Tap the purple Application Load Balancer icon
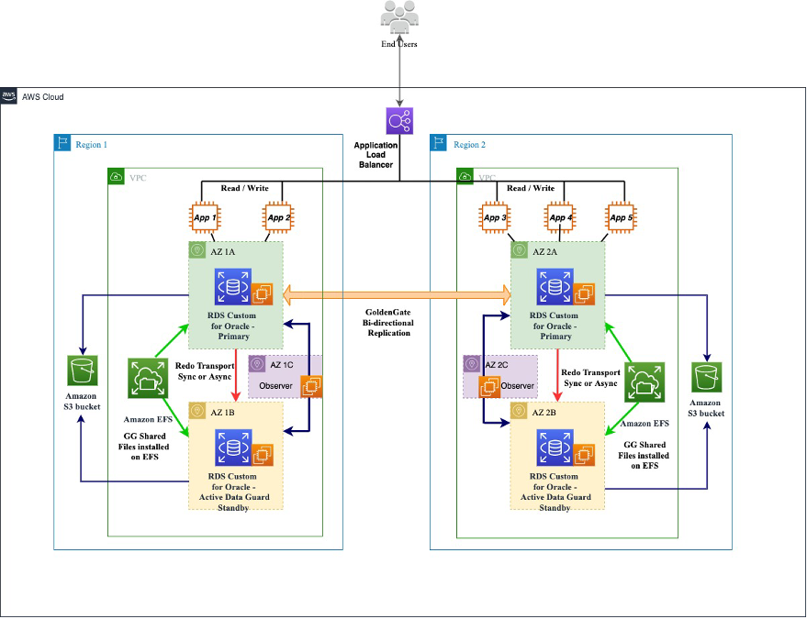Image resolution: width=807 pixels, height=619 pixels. [x=399, y=121]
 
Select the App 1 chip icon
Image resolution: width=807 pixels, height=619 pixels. [x=206, y=218]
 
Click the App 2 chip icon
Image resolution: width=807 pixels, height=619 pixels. [x=277, y=218]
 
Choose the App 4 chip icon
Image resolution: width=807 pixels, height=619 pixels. [x=557, y=218]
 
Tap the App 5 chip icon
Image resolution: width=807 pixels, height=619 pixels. [x=622, y=218]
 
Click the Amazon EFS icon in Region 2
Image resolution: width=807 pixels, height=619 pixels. [x=644, y=382]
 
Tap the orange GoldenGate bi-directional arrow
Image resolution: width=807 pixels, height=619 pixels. [x=398, y=294]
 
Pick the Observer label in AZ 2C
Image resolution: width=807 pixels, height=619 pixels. [x=518, y=386]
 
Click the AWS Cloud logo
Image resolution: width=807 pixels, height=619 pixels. [x=9, y=96]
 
